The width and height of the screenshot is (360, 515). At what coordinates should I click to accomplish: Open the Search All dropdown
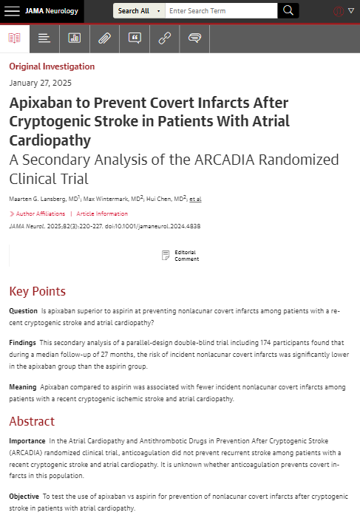click(138, 11)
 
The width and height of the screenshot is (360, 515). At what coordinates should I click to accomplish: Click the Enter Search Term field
click(220, 11)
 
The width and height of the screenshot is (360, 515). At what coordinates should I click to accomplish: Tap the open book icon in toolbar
click(15, 38)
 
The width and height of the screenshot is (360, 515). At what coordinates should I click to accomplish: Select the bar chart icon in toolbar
click(75, 38)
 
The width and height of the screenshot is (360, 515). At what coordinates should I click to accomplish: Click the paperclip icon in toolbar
click(104, 38)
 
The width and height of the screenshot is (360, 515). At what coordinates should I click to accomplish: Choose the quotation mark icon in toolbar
click(135, 38)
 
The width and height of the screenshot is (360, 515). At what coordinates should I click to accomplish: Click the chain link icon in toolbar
click(164, 38)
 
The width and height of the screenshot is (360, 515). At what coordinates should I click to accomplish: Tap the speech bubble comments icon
click(194, 38)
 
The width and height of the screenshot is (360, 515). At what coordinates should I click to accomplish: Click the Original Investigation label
click(52, 66)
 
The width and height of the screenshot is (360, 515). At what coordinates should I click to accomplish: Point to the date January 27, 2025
click(41, 83)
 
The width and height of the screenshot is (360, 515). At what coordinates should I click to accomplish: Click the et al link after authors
click(195, 199)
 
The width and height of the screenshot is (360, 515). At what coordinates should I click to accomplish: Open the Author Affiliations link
click(37, 214)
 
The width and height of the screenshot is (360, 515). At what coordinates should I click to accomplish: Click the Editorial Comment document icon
click(166, 256)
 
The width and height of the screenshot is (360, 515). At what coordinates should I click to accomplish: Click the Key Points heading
click(37, 291)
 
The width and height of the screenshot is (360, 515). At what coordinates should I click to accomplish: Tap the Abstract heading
click(32, 421)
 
